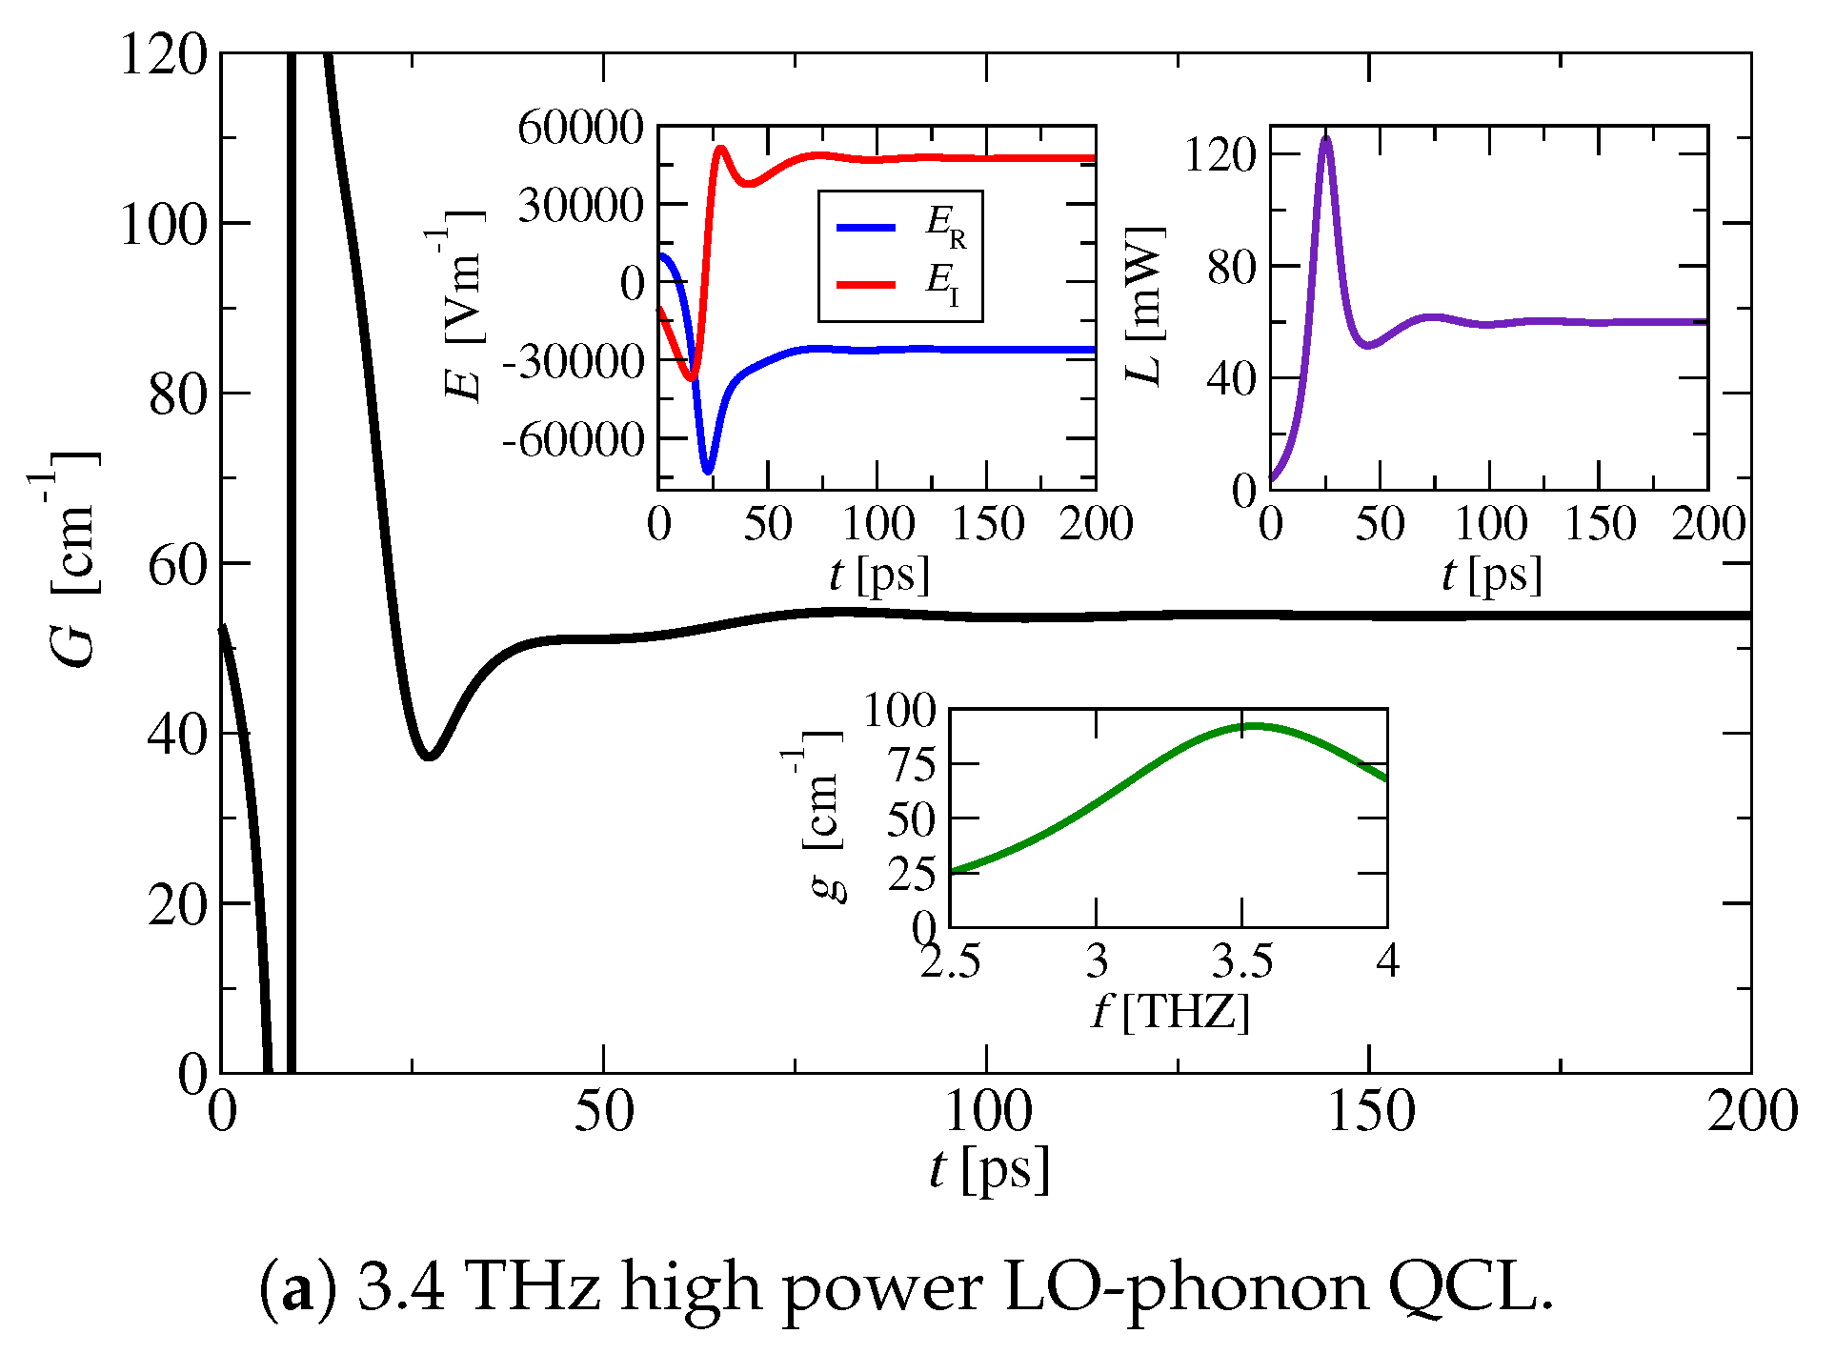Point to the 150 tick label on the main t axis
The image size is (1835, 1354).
[x=1370, y=1111]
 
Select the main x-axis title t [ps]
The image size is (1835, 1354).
[x=989, y=1168]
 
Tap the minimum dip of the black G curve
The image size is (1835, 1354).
[x=430, y=757]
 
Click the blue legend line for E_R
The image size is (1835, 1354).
[x=865, y=228]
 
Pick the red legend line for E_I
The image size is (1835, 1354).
[x=865, y=284]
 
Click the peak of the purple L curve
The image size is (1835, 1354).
[x=1325, y=139]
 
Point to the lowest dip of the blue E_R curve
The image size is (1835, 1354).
[x=707, y=471]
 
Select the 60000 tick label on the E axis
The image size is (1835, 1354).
[x=581, y=127]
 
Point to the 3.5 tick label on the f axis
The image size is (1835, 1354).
[x=1241, y=960]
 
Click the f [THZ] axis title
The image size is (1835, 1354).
[x=1170, y=1011]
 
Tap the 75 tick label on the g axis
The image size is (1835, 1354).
[x=911, y=765]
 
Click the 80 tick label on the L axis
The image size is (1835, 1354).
[x=1232, y=268]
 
